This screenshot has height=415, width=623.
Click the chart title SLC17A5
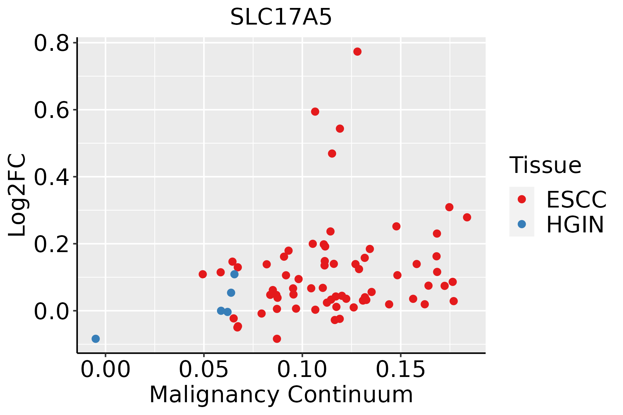tap(281, 17)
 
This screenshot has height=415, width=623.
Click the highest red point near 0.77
tap(358, 52)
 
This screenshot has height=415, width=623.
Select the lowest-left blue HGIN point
tap(96, 339)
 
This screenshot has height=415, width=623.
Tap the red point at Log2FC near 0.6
tap(315, 111)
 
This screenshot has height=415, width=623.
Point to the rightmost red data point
tap(467, 217)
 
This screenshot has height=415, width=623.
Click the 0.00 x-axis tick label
tap(106, 370)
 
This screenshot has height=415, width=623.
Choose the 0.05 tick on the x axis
tap(204, 370)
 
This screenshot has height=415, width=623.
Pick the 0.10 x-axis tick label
tap(302, 370)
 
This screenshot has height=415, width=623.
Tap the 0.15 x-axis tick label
tap(400, 370)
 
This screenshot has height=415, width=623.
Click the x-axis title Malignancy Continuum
tap(281, 395)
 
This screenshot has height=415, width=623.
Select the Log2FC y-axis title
tap(17, 195)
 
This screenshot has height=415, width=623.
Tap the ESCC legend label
tap(576, 200)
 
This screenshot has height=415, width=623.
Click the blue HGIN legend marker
tap(522, 224)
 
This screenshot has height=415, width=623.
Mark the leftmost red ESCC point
tap(203, 274)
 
